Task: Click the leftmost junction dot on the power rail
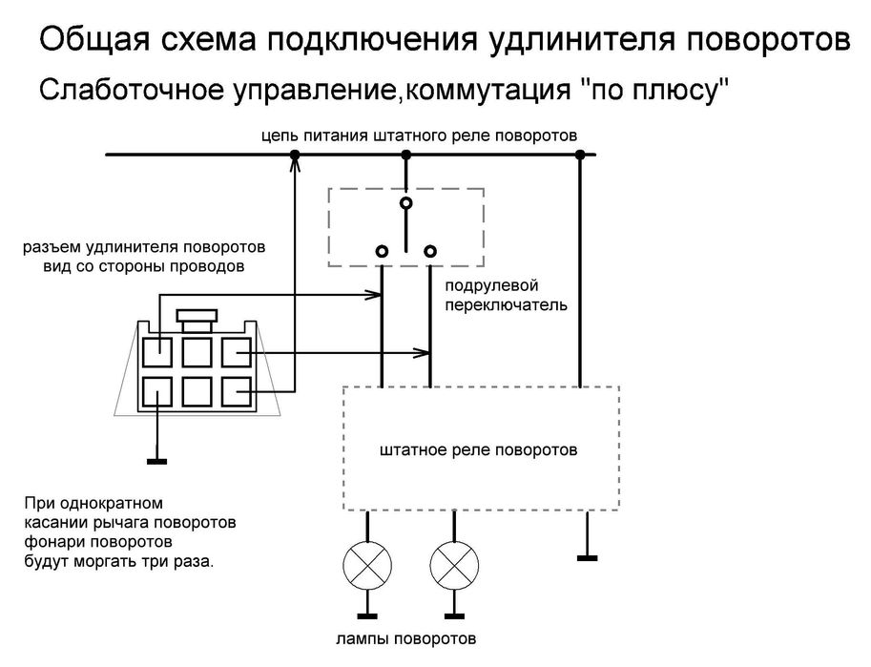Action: (295, 155)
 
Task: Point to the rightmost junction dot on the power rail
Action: (578, 155)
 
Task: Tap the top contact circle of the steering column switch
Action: (406, 203)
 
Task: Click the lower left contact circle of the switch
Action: (382, 251)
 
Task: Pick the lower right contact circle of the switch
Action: (430, 251)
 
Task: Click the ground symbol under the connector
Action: (156, 463)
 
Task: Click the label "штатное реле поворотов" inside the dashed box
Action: (478, 448)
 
